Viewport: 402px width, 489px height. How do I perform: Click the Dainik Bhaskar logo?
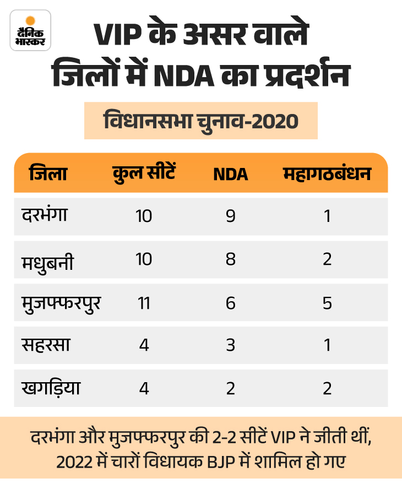(x=30, y=30)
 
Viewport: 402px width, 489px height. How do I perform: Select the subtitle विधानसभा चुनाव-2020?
(x=200, y=119)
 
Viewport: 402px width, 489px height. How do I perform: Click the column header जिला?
(x=48, y=174)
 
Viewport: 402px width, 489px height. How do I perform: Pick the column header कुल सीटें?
(x=144, y=174)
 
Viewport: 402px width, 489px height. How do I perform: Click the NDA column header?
(x=231, y=175)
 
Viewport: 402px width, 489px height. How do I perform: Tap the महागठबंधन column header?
(x=327, y=174)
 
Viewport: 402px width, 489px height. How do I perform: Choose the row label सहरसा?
(x=46, y=345)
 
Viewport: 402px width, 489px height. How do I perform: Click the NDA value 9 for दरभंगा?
(x=231, y=216)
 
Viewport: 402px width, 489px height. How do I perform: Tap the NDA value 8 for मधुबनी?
(x=231, y=259)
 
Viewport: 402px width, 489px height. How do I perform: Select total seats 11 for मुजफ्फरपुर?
(x=144, y=302)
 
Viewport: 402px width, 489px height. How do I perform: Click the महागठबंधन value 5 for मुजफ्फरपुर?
(x=327, y=302)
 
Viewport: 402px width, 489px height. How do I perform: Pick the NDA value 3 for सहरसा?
(x=231, y=345)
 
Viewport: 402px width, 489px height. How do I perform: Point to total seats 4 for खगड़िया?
(x=144, y=388)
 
